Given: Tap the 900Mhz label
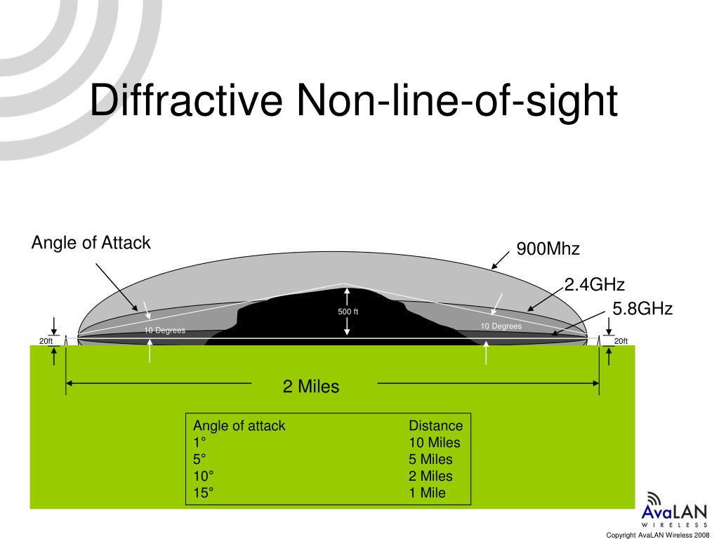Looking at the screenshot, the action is click(x=548, y=250).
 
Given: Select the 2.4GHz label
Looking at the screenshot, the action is click(x=594, y=284).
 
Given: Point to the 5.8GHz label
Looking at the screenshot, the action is click(x=642, y=309).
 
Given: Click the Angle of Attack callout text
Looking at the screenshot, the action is click(x=91, y=243).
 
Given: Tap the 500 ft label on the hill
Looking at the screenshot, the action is click(x=348, y=312).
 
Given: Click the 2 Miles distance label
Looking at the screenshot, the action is click(x=311, y=386).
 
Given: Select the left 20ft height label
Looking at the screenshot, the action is click(x=46, y=342).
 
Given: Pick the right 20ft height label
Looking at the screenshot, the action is click(x=621, y=342).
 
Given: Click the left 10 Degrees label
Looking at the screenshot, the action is click(x=165, y=331).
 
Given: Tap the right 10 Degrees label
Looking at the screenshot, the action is click(x=501, y=326).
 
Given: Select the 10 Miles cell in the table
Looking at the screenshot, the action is click(x=435, y=442).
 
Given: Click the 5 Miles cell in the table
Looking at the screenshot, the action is click(x=431, y=459).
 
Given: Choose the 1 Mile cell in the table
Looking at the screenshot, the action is click(x=427, y=493).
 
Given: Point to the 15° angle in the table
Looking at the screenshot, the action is click(x=203, y=493).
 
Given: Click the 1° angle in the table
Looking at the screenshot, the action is click(x=200, y=442).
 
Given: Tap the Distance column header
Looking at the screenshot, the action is click(x=436, y=425).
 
